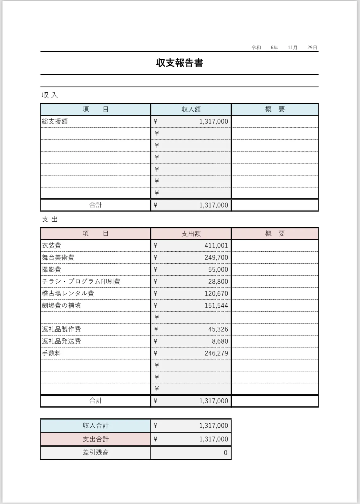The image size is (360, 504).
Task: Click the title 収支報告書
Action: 180,63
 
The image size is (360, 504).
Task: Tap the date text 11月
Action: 293,47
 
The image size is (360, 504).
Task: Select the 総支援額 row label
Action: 55,121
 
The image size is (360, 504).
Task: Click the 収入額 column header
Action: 191,109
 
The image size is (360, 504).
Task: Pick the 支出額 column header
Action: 191,234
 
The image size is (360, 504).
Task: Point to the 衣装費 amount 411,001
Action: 216,245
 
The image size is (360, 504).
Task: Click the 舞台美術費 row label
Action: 58,257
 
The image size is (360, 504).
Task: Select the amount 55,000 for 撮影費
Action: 218,269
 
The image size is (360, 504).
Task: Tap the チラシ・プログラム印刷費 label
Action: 81,281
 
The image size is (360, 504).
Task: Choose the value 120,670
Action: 216,293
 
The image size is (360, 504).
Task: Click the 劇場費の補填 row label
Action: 62,305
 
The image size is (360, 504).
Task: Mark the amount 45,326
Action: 218,329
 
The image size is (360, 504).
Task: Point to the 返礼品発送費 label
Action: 62,341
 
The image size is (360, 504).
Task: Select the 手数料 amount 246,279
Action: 216,353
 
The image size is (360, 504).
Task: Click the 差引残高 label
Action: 96,453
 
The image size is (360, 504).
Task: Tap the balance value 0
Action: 225,453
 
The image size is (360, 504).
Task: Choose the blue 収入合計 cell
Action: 96,426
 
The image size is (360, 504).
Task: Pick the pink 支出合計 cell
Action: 96,439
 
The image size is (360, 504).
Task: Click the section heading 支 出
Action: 50,219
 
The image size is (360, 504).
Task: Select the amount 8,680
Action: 220,341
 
